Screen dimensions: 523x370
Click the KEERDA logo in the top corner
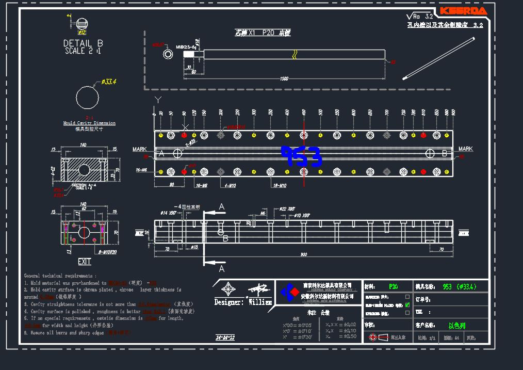click(463, 11)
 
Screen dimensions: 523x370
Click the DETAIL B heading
click(83, 43)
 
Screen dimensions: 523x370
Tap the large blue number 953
click(301, 156)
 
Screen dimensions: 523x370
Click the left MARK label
click(139, 149)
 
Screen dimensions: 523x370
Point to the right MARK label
click(465, 149)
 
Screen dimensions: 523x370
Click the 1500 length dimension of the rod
click(284, 78)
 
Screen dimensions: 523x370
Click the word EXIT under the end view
click(84, 262)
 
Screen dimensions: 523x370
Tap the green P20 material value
click(393, 286)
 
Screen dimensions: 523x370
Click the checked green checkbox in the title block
click(407, 304)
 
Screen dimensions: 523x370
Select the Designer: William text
click(242, 302)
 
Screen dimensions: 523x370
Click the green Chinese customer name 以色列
click(457, 326)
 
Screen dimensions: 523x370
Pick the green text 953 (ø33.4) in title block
click(459, 287)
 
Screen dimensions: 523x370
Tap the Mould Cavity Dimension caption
click(89, 123)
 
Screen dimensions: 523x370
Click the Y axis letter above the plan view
click(158, 99)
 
